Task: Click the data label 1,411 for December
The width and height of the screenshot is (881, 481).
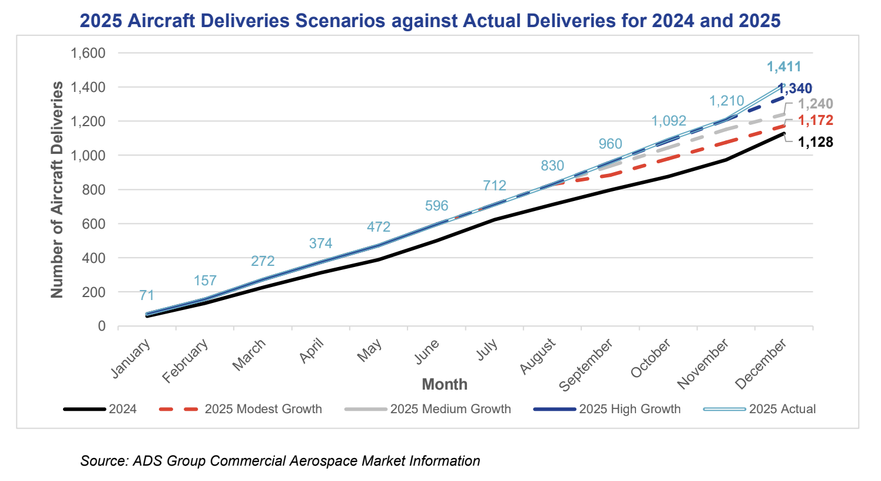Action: [x=784, y=67]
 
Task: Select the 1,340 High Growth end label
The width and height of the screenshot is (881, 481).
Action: [x=795, y=88]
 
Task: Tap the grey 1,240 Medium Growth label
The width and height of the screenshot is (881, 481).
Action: [x=816, y=104]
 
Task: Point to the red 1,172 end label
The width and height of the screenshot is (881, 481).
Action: [x=816, y=121]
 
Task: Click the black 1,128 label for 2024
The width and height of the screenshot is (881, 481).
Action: [x=816, y=142]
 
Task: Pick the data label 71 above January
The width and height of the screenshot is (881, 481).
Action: [x=147, y=295]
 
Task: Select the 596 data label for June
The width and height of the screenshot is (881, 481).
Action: [x=436, y=206]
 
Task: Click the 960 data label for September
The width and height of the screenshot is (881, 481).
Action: [x=610, y=144]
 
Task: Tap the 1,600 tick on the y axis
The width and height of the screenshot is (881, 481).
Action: [x=88, y=53]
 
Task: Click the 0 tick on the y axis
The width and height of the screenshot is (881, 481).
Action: [x=102, y=326]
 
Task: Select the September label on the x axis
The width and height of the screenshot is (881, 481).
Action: [x=586, y=365]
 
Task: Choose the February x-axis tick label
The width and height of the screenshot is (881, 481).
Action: [x=186, y=361]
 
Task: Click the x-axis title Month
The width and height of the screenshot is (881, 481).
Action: [x=445, y=384]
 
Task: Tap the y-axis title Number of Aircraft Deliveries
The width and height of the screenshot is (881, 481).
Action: [x=57, y=190]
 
